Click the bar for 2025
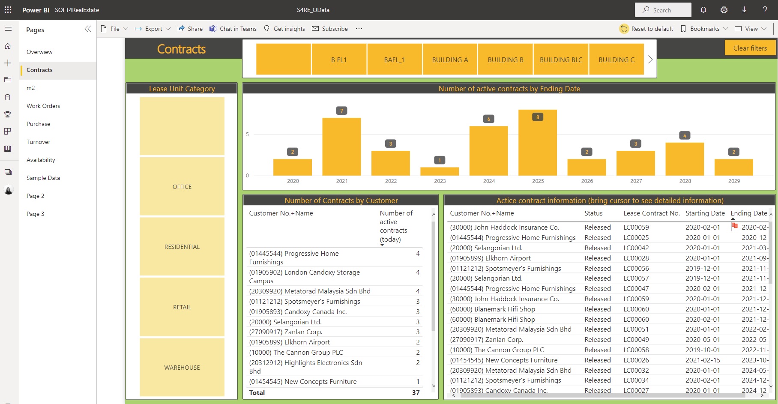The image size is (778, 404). (538, 144)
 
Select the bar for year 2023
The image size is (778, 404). (440, 171)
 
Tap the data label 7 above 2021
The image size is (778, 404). (341, 111)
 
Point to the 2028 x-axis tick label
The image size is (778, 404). (685, 181)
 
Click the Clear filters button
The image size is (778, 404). (750, 48)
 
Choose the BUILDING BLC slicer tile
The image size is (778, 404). (561, 60)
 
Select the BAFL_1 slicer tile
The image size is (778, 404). (394, 60)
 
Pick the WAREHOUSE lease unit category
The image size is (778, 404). (182, 367)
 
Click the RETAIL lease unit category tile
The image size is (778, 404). (182, 307)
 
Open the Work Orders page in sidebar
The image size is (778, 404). (43, 106)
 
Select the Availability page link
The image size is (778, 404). (41, 160)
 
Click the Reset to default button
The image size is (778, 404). (646, 29)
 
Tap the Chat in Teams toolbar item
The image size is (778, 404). (233, 29)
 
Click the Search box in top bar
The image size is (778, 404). (663, 10)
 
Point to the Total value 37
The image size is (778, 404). (416, 392)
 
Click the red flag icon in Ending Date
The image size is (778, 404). (734, 226)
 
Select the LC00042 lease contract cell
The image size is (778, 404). (636, 248)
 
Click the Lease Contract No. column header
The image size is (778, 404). (651, 213)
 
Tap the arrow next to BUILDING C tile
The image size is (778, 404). (650, 60)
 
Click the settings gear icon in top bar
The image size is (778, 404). (724, 10)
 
